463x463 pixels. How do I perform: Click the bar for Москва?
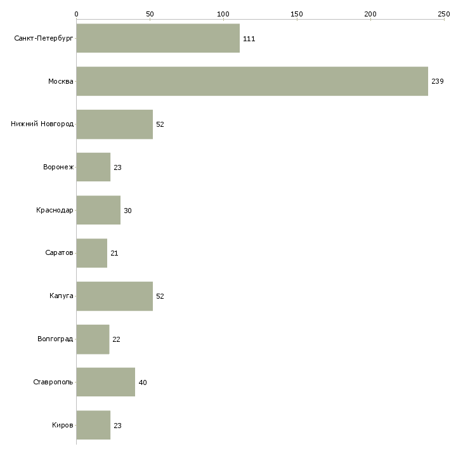(252, 81)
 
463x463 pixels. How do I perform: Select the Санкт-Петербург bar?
(158, 38)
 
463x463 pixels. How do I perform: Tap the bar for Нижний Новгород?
(114, 124)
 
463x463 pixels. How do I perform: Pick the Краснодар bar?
(98, 210)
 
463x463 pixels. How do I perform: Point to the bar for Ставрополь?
(105, 382)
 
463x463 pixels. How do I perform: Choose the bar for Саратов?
(91, 253)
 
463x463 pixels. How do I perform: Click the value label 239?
(437, 82)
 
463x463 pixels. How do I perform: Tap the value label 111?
(249, 39)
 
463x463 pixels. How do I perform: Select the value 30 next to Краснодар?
(127, 211)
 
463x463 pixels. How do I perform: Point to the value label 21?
(114, 254)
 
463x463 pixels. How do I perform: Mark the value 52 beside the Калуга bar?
(160, 296)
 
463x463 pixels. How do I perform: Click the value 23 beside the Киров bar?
(117, 426)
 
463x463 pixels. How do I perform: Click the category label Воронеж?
(58, 167)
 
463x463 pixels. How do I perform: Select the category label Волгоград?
(55, 339)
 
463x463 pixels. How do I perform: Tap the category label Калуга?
(62, 296)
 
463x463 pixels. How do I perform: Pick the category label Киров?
(63, 425)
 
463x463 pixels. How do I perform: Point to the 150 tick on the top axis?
(297, 13)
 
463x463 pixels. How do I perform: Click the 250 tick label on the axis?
(444, 13)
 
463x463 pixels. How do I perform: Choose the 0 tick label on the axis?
(76, 13)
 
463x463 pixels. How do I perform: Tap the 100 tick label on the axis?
(223, 13)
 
